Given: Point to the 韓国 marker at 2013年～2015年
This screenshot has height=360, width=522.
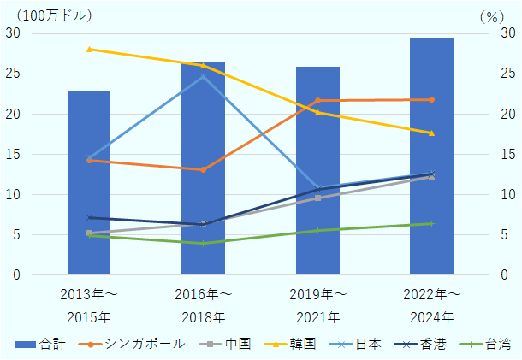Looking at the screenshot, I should pyautogui.click(x=89, y=49).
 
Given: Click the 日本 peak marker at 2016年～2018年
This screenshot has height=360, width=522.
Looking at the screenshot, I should pyautogui.click(x=203, y=76).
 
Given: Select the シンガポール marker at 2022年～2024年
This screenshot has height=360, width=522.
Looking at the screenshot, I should pyautogui.click(x=431, y=99).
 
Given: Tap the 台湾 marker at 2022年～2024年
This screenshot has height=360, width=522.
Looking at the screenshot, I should pyautogui.click(x=431, y=223).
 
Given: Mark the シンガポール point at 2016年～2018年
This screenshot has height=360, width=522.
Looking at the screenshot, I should pyautogui.click(x=203, y=169).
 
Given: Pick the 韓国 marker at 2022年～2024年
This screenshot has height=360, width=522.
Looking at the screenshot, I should pyautogui.click(x=431, y=133).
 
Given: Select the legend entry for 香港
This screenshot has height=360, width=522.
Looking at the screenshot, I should pyautogui.click(x=410, y=344).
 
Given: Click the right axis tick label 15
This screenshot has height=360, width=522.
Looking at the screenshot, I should pyautogui.click(x=508, y=154).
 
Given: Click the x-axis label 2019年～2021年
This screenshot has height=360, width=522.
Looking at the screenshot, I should pyautogui.click(x=317, y=305).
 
